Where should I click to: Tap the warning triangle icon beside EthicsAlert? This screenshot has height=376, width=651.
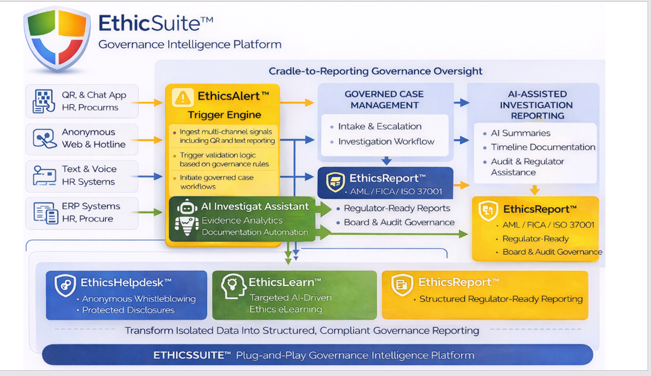pyautogui.click(x=183, y=97)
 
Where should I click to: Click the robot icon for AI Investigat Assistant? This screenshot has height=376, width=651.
pyautogui.click(x=186, y=218)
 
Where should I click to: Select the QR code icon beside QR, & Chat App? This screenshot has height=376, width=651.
pyautogui.click(x=43, y=101)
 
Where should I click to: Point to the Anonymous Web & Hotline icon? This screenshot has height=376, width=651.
pyautogui.click(x=43, y=139)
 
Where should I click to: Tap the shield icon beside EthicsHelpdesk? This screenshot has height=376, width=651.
pyautogui.click(x=65, y=285)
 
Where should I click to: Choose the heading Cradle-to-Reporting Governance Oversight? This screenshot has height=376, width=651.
pyautogui.click(x=375, y=71)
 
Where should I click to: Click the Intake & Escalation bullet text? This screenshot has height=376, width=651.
pyautogui.click(x=379, y=126)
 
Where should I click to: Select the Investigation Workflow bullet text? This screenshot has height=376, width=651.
pyautogui.click(x=386, y=142)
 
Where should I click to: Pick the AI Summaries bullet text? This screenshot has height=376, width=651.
pyautogui.click(x=520, y=133)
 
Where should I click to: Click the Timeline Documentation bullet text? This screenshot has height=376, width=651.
pyautogui.click(x=543, y=147)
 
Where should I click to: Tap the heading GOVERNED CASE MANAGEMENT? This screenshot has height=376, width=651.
pyautogui.click(x=384, y=99)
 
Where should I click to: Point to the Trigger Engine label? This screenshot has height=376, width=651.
pyautogui.click(x=224, y=115)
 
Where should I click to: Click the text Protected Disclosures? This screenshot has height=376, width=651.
pyautogui.click(x=128, y=310)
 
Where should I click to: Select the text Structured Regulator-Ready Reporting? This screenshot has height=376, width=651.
pyautogui.click(x=501, y=299)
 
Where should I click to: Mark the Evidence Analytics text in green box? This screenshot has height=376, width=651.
pyautogui.click(x=242, y=220)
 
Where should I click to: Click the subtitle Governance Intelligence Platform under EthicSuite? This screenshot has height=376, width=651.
pyautogui.click(x=190, y=44)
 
